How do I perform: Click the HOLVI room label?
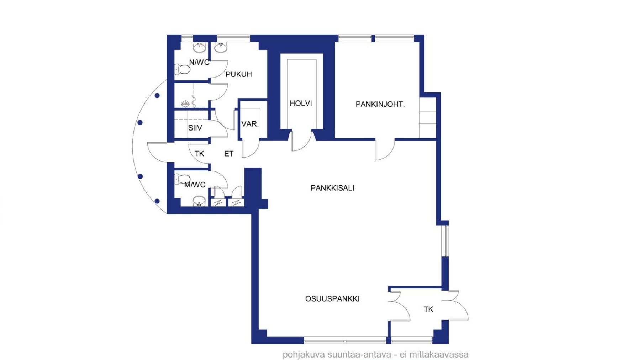click(x=301, y=103)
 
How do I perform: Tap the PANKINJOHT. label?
click(x=380, y=104)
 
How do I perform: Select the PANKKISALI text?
click(x=332, y=188)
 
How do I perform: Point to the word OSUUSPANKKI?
click(x=332, y=299)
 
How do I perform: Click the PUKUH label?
click(x=239, y=74)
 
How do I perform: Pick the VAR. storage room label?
click(x=250, y=124)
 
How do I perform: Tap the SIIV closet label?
click(x=195, y=128)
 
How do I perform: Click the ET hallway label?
click(x=229, y=154)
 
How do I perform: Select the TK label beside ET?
click(x=200, y=154)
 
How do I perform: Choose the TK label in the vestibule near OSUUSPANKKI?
click(x=428, y=309)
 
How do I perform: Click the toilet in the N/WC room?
click(x=182, y=69)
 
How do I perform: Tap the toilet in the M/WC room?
click(x=182, y=179)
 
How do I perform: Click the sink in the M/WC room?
click(x=199, y=201)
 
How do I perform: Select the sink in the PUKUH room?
click(x=221, y=47)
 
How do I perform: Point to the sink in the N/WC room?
click(x=199, y=47)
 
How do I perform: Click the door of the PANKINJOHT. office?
click(x=385, y=150)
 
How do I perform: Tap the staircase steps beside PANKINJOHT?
click(x=427, y=117)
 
